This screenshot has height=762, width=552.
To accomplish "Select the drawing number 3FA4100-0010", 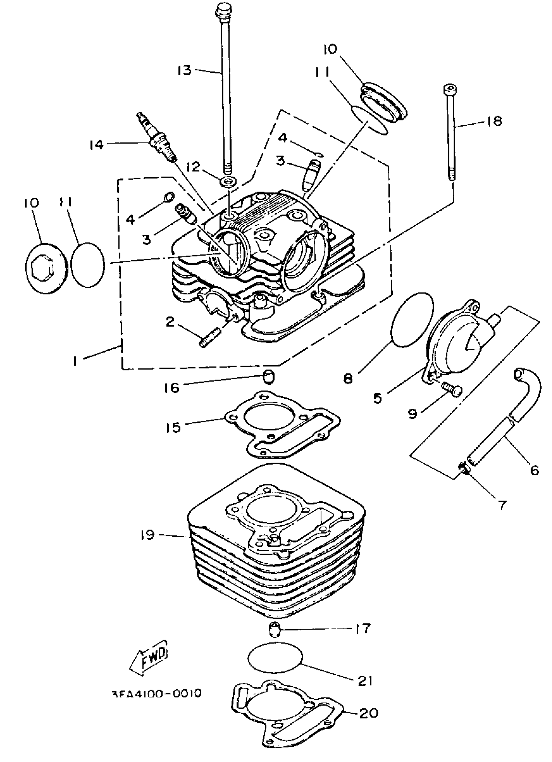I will (156, 693).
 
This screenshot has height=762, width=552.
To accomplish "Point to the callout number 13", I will (184, 70).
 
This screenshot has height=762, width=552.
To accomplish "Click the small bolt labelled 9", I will (452, 390).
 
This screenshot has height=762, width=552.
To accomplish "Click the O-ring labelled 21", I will (275, 657).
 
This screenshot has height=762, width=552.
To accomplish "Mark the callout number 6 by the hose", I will (534, 469).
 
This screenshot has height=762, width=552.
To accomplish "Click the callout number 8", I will (348, 379).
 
